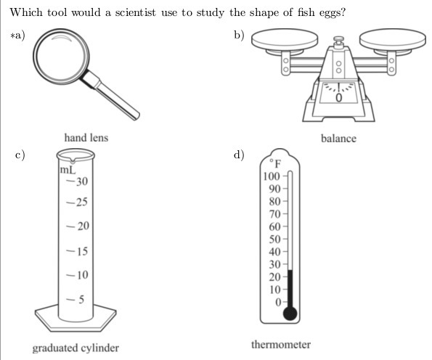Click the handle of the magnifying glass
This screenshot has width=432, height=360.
click(x=110, y=95)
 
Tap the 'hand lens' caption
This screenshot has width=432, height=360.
click(x=86, y=138)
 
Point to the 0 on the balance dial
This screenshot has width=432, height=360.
click(x=338, y=97)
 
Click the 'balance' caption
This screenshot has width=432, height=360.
click(x=338, y=139)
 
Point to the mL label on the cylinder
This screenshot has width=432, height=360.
click(x=68, y=170)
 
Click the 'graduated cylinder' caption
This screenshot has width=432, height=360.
click(x=76, y=348)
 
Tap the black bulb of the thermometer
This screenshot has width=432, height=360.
click(x=290, y=314)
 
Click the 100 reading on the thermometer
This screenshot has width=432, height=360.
click(x=272, y=176)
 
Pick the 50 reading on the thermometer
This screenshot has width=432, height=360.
click(x=274, y=239)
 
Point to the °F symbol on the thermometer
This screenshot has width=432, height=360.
click(x=275, y=163)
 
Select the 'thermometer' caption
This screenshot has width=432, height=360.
click(x=281, y=345)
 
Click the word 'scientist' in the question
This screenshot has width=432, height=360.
click(x=135, y=12)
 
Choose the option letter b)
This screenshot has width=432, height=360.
click(x=239, y=36)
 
